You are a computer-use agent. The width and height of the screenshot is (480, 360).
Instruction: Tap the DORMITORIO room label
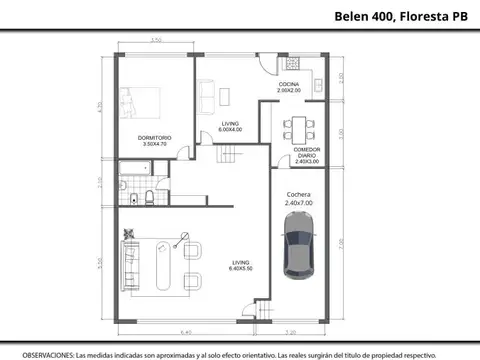click(x=155, y=140)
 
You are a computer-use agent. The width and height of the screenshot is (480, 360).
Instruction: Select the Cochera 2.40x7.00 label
click(x=299, y=198)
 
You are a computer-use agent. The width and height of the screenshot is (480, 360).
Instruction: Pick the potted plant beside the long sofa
click(x=128, y=235)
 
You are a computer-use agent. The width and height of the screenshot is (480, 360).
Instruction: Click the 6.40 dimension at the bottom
click(x=185, y=333)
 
